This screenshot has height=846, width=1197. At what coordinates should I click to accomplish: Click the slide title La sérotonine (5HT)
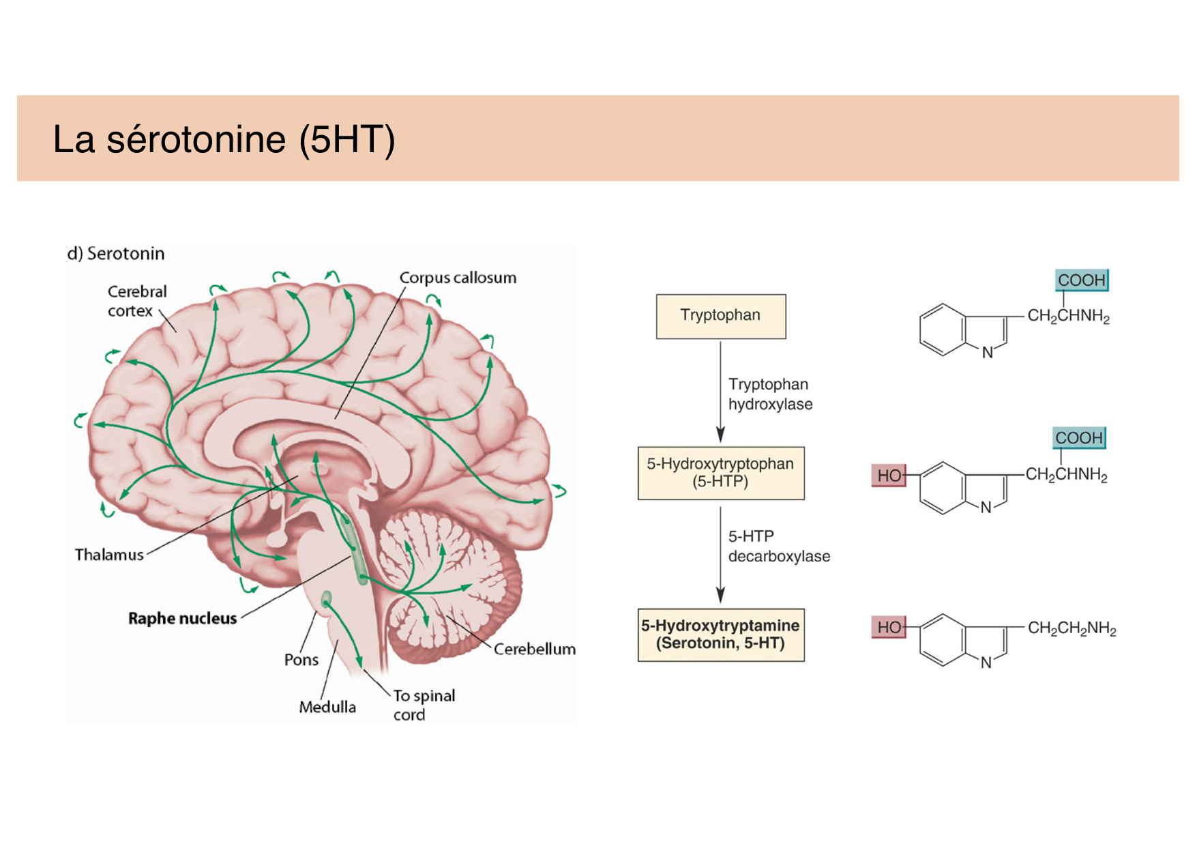click(224, 139)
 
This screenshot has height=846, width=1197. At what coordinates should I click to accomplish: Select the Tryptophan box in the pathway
click(720, 316)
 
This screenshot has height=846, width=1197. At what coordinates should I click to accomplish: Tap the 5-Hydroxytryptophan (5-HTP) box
click(720, 473)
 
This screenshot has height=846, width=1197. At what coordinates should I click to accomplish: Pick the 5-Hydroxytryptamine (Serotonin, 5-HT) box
click(720, 634)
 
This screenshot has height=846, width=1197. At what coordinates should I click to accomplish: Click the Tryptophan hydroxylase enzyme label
click(769, 394)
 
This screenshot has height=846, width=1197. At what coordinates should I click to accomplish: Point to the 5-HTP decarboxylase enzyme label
click(778, 546)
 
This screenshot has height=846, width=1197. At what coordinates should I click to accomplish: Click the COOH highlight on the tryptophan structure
click(1081, 280)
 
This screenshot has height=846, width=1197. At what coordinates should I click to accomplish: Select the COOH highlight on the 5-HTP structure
click(1078, 438)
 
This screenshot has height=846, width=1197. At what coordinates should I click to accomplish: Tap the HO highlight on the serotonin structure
click(889, 627)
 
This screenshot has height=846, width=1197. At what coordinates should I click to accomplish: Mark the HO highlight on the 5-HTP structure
click(889, 476)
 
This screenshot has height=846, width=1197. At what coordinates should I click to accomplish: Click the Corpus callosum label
click(458, 278)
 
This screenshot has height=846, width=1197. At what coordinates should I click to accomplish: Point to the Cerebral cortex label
click(136, 301)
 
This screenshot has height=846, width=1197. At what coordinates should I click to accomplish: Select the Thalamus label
click(109, 555)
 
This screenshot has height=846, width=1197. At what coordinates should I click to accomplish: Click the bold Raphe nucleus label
click(182, 618)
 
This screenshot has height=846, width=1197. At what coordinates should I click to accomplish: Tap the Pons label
click(301, 660)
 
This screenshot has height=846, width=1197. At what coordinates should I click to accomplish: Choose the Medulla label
click(327, 707)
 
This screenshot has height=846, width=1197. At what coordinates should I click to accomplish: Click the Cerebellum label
click(534, 649)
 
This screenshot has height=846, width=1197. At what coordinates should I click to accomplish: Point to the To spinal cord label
click(423, 705)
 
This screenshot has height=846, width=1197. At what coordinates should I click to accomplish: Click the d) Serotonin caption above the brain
click(116, 254)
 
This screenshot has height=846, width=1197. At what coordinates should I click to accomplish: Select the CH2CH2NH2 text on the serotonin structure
click(1072, 628)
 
